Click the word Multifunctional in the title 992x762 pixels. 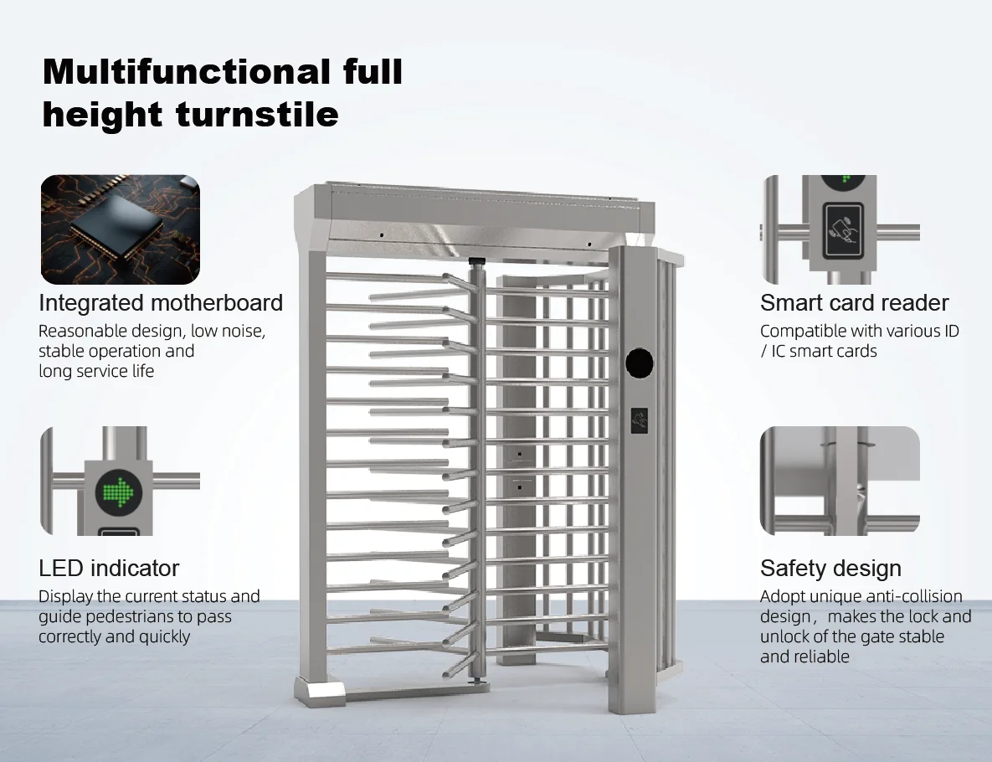(x=186, y=72)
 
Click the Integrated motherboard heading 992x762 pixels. (x=161, y=302)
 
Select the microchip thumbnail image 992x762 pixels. (x=120, y=229)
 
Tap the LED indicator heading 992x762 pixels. (x=109, y=568)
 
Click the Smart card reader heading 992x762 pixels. (x=854, y=302)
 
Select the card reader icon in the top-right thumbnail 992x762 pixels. (x=842, y=230)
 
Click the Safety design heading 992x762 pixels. (x=830, y=568)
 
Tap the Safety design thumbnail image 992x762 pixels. (x=840, y=481)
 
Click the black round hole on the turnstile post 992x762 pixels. (x=640, y=363)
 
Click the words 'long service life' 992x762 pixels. (x=96, y=371)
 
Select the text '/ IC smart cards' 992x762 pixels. (x=818, y=351)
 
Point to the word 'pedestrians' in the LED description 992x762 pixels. (x=141, y=616)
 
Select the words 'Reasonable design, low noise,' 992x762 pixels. (x=152, y=331)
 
